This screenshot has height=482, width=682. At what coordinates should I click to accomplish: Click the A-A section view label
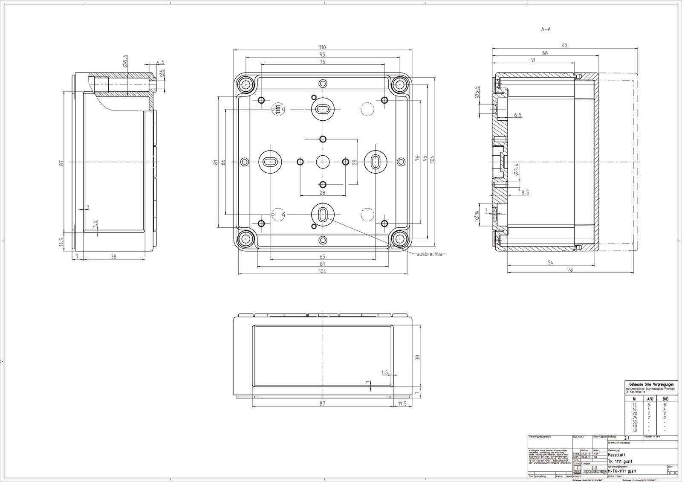coord(546,29)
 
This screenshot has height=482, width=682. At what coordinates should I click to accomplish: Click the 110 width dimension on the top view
coord(322,47)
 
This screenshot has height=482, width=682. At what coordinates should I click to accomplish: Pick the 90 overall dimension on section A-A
coord(564,46)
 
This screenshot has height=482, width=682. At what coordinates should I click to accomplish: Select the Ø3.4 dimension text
coord(516,170)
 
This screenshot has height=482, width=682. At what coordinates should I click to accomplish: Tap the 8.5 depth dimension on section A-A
coord(525,192)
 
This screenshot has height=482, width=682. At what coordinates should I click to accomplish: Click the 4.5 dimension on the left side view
coord(160,62)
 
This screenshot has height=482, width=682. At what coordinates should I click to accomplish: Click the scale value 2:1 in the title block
coord(627,438)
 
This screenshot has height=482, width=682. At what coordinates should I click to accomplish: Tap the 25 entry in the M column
coord(634,418)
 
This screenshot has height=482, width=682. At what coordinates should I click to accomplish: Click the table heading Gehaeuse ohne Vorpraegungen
coord(651,384)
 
